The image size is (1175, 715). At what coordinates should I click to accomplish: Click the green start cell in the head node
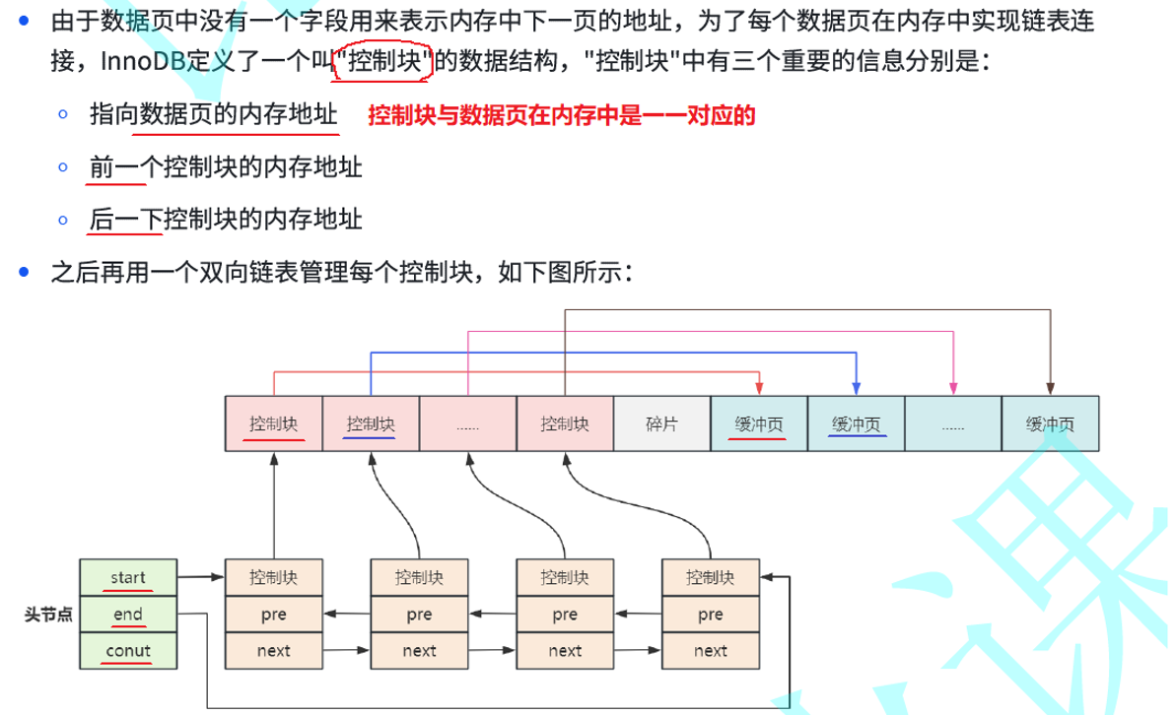(128, 576)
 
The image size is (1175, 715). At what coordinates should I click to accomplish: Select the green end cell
(128, 614)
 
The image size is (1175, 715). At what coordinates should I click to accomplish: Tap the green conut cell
(128, 650)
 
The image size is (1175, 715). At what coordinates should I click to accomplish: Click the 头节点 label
(48, 614)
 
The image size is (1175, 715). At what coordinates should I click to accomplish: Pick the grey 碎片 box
(660, 423)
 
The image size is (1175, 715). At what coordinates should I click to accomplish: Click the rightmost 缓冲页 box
(1050, 423)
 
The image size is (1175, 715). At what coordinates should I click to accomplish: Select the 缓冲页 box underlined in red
(758, 423)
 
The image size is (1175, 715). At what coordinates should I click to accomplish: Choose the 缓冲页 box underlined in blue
(856, 423)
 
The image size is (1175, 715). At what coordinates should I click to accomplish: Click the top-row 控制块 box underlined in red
(274, 423)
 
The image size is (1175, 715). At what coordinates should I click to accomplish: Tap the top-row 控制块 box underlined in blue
(371, 423)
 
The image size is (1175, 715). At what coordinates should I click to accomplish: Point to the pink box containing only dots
(467, 423)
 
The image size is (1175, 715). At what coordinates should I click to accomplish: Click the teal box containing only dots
(952, 423)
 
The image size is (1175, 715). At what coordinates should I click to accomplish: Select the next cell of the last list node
(711, 650)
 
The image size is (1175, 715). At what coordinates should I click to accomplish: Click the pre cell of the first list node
(274, 614)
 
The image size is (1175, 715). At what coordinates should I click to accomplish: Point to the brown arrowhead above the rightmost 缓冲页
(1050, 388)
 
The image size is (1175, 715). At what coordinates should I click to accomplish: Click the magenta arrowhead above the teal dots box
(953, 388)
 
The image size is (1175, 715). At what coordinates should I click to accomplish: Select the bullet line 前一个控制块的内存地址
(226, 167)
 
